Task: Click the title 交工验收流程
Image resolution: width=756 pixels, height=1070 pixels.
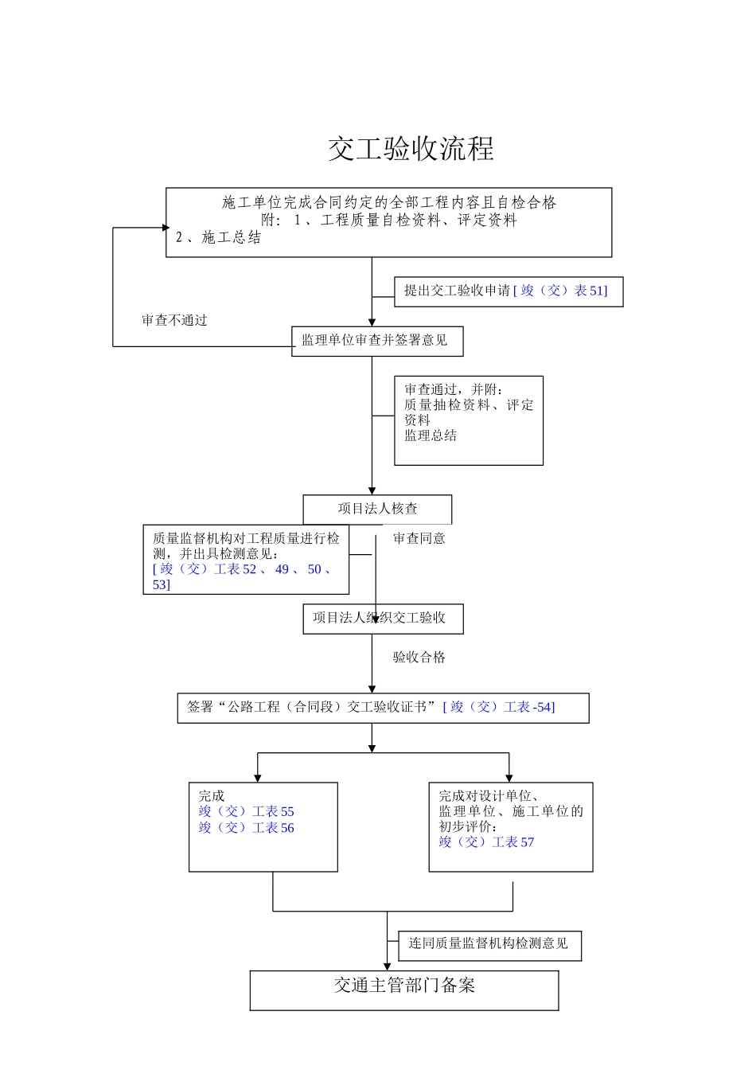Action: pyautogui.click(x=411, y=149)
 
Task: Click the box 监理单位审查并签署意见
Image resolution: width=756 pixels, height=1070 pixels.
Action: pyautogui.click(x=376, y=341)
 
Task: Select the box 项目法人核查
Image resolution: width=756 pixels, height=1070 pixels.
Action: pyautogui.click(x=377, y=509)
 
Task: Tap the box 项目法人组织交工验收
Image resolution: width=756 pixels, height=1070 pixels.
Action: pyautogui.click(x=382, y=619)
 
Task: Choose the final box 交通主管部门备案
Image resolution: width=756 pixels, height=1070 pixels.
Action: pyautogui.click(x=404, y=989)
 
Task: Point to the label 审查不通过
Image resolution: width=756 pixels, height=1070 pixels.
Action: pyautogui.click(x=174, y=321)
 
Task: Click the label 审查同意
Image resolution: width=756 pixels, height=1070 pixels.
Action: pyautogui.click(x=419, y=539)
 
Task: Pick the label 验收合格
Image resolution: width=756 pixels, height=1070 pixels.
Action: pyautogui.click(x=419, y=658)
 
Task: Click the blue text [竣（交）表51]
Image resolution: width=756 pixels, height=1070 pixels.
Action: pyautogui.click(x=560, y=291)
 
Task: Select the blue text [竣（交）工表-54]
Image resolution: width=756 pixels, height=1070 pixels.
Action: pyautogui.click(x=499, y=707)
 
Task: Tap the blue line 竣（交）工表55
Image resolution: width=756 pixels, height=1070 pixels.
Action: pyautogui.click(x=246, y=812)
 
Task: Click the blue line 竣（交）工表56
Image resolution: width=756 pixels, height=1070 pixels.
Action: pyautogui.click(x=246, y=828)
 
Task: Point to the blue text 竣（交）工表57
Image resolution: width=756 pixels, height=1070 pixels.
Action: pyautogui.click(x=486, y=842)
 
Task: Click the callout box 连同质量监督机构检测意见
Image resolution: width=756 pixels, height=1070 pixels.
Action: pyautogui.click(x=489, y=944)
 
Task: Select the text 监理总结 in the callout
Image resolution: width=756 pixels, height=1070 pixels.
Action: pyautogui.click(x=431, y=435)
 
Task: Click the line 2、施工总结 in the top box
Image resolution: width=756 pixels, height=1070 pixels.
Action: pyautogui.click(x=219, y=238)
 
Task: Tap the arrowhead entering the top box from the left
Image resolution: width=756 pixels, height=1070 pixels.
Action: pyautogui.click(x=166, y=228)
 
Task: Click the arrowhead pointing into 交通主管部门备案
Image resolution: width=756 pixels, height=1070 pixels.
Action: pyautogui.click(x=388, y=967)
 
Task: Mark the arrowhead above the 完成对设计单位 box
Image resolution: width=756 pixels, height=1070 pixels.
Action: pyautogui.click(x=509, y=778)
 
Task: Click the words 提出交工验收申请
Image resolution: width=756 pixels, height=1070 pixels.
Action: pyautogui.click(x=457, y=291)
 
